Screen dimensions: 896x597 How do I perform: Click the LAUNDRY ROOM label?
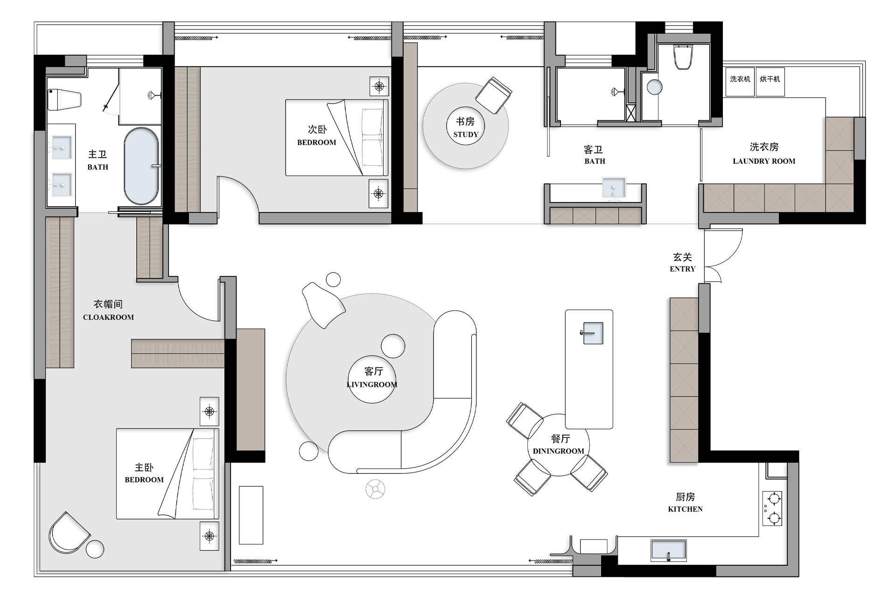point(764,161)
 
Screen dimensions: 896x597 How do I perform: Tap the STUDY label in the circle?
point(466,134)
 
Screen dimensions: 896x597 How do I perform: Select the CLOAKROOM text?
point(108,317)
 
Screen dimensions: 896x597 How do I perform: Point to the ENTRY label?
point(682,269)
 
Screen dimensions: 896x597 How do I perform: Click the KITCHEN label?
point(685,509)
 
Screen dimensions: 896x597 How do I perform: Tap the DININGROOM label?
point(558,451)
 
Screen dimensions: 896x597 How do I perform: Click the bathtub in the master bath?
point(141,166)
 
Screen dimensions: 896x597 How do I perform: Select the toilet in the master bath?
point(64,99)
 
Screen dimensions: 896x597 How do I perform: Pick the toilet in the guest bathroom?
point(683,57)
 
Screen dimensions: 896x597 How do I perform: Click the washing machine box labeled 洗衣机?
point(740,82)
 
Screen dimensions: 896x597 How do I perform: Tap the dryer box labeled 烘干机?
point(770,82)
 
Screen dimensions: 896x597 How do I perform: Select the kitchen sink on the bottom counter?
point(669,550)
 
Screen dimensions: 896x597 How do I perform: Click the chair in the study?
point(494,95)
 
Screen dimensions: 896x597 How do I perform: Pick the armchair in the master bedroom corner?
point(69,533)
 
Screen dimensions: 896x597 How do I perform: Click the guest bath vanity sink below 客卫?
point(614,188)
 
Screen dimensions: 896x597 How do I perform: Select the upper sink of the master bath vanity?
point(62,148)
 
